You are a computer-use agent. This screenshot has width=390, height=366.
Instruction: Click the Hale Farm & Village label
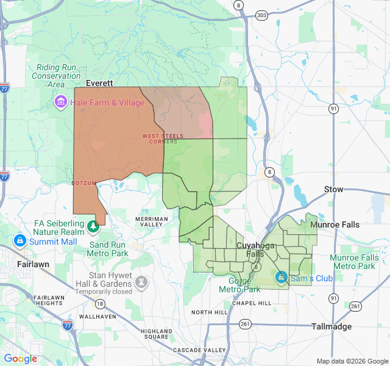(x=107, y=102)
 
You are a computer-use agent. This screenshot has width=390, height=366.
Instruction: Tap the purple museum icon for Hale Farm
(x=60, y=101)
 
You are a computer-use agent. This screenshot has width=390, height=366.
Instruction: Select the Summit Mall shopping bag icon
(x=20, y=241)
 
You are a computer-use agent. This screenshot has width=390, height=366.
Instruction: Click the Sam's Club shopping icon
(x=282, y=277)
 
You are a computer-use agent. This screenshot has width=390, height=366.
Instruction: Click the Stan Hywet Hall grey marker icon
(x=141, y=282)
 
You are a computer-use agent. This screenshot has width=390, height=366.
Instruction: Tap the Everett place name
(x=100, y=83)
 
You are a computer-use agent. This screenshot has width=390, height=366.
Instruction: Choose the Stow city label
(x=334, y=189)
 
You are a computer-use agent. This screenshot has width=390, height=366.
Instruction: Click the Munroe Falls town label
(x=335, y=224)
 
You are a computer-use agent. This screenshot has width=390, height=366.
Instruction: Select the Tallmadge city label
(x=331, y=326)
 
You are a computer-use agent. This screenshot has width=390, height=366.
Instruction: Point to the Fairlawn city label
(x=33, y=265)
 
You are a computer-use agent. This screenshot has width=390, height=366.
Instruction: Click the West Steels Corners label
(x=160, y=138)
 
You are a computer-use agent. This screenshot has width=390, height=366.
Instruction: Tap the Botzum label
(x=83, y=183)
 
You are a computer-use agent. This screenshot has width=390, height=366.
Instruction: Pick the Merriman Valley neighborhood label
(x=151, y=221)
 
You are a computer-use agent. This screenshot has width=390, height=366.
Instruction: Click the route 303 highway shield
(x=261, y=14)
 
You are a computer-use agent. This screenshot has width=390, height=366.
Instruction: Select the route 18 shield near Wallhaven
(x=99, y=304)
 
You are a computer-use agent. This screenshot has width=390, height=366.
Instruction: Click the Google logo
(x=20, y=359)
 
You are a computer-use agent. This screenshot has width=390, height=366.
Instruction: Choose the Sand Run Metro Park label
(x=108, y=249)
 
